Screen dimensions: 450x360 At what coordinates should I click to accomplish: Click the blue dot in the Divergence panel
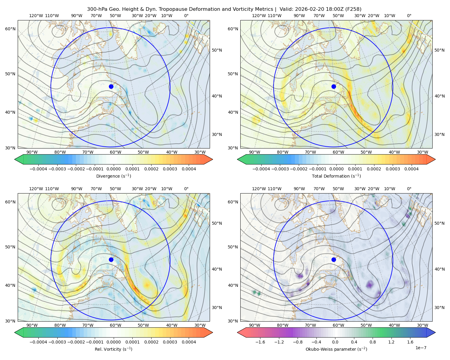[111, 86]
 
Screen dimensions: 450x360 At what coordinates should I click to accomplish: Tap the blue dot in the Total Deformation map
[334, 86]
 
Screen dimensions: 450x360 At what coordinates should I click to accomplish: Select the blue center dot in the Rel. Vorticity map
[111, 259]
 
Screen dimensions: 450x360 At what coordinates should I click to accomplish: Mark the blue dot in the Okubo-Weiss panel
[334, 259]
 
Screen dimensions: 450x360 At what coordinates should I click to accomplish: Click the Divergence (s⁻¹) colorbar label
[113, 176]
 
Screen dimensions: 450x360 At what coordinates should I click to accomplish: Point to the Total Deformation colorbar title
[336, 176]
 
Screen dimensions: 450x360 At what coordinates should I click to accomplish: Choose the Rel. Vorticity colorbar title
[113, 349]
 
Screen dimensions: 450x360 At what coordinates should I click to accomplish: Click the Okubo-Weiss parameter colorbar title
[336, 349]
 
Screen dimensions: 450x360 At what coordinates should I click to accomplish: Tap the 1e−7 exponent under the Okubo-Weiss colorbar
[421, 348]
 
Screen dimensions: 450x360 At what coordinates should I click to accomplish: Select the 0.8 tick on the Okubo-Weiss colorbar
[373, 342]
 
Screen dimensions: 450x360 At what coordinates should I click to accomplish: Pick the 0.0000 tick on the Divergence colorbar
[113, 169]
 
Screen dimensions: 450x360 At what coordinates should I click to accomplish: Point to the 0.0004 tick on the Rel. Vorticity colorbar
[189, 342]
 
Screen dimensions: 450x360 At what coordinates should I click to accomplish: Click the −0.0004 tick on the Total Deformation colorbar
[261, 169]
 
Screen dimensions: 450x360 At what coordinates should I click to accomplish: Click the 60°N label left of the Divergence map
[10, 29]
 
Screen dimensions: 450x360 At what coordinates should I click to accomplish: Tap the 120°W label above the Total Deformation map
[259, 16]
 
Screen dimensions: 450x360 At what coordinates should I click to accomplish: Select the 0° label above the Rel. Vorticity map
[186, 189]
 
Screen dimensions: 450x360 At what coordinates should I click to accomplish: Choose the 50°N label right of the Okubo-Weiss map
[439, 223]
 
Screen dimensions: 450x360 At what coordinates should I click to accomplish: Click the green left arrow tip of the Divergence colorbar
[15, 159]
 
